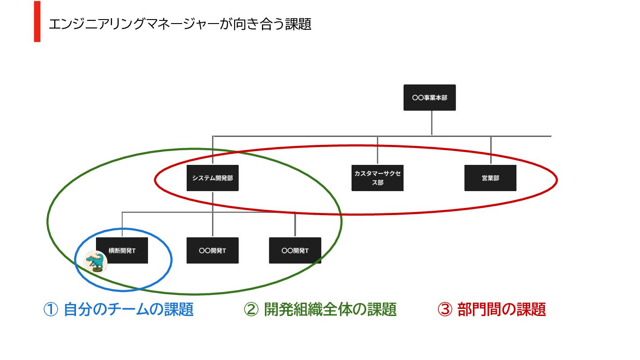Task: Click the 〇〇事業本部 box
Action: pos(429,97)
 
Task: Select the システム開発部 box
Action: pos(212,178)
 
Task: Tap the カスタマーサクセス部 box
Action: pos(377,178)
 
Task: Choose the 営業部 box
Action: pos(490,178)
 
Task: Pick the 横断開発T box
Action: pos(122,250)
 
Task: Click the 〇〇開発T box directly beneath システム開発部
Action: pos(212,250)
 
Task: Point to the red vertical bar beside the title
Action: pos(37,21)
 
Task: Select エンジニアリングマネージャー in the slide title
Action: pos(133,24)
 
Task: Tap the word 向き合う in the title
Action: pos(256,24)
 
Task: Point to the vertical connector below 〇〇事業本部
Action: pos(432,122)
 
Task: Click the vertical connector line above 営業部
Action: pos(491,150)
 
